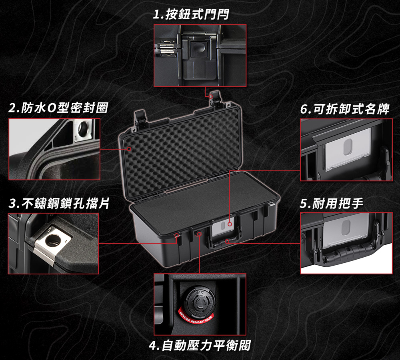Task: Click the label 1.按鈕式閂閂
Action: tap(191, 15)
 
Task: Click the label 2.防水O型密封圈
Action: tap(59, 108)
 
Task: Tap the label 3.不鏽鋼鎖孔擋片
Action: tap(59, 204)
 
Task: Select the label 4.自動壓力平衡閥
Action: tap(200, 345)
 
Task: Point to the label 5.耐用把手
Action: tap(332, 204)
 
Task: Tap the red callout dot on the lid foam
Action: tap(129, 149)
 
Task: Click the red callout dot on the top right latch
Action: tap(210, 96)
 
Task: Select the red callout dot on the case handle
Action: tap(227, 241)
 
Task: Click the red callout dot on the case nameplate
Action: tap(230, 225)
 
